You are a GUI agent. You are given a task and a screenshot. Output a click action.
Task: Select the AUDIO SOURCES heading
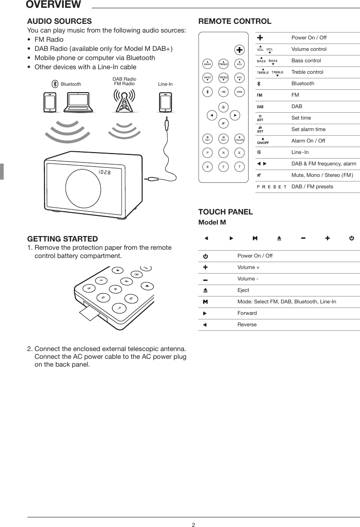60,22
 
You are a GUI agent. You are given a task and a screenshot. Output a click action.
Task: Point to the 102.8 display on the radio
105,172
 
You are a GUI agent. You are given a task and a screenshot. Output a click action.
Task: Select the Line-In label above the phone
165,84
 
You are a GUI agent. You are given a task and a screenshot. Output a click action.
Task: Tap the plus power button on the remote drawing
239,49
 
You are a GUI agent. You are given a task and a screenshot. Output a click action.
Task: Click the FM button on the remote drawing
223,92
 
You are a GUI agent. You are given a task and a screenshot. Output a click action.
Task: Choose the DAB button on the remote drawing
239,92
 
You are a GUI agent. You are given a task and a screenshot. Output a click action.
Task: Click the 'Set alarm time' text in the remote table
308,130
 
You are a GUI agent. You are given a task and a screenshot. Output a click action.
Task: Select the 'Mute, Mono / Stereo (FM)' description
322,176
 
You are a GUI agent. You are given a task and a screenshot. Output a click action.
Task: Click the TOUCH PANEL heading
225,212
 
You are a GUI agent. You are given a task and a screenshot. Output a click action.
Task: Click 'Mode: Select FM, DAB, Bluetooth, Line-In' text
286,302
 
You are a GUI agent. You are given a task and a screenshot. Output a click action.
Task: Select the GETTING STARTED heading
62,239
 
